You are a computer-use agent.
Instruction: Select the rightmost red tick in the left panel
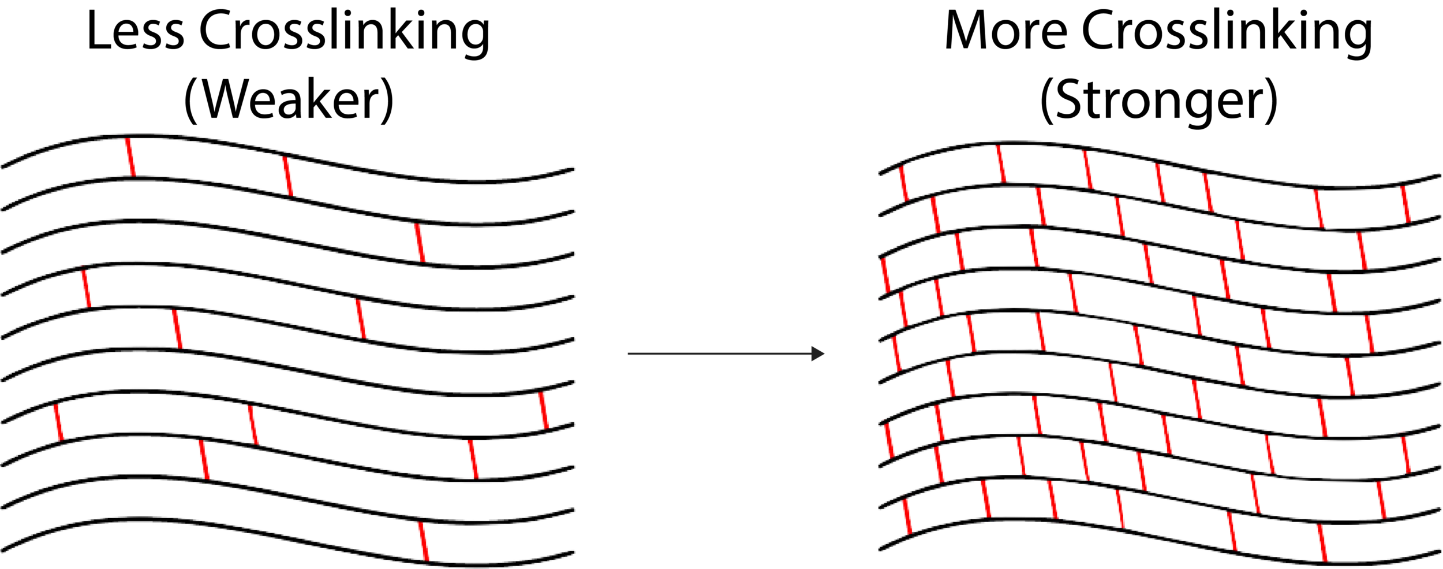point(543,410)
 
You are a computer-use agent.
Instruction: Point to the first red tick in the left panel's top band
point(130,157)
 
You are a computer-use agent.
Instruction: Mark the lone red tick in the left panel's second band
point(420,243)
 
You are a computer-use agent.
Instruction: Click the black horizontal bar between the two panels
point(750,360)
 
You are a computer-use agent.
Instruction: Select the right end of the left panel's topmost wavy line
point(573,169)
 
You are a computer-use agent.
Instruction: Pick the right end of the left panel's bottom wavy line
point(573,551)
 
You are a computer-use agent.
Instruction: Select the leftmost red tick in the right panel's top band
point(905,183)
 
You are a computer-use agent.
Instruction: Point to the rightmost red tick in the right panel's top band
point(1404,204)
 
